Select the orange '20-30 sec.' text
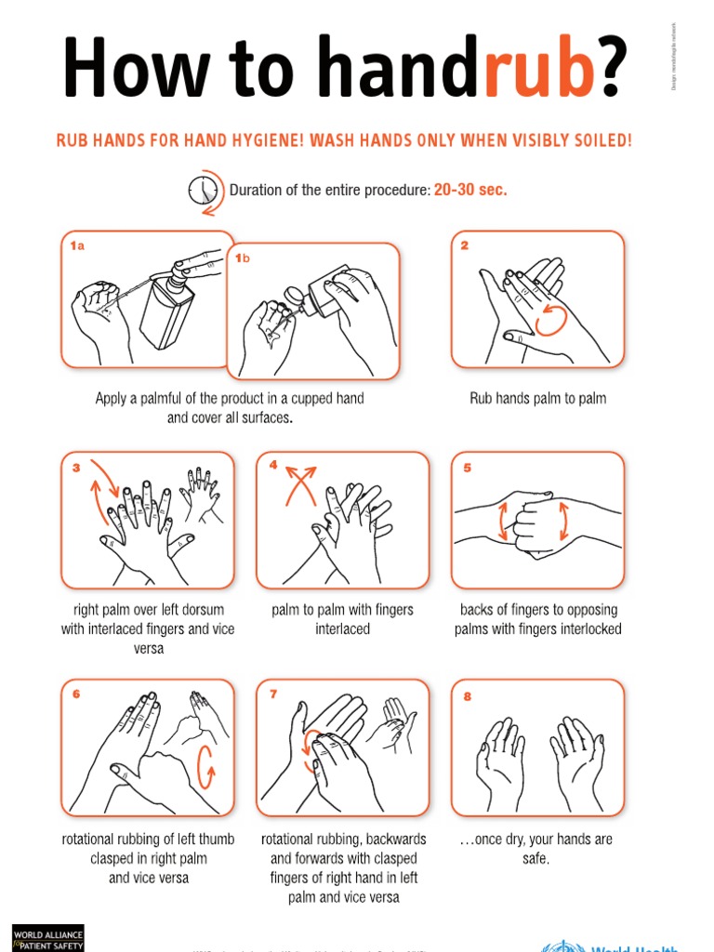tap(470, 190)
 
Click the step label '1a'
tap(77, 246)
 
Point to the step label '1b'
tap(243, 258)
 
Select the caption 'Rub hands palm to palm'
tap(537, 399)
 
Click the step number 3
tap(76, 468)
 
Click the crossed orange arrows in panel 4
tap(299, 484)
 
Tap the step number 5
tap(467, 468)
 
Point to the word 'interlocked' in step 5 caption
tap(588, 629)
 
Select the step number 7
tap(273, 694)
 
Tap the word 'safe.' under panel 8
tap(535, 858)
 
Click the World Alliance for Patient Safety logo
tap(47, 937)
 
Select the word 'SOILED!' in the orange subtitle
tap(602, 141)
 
